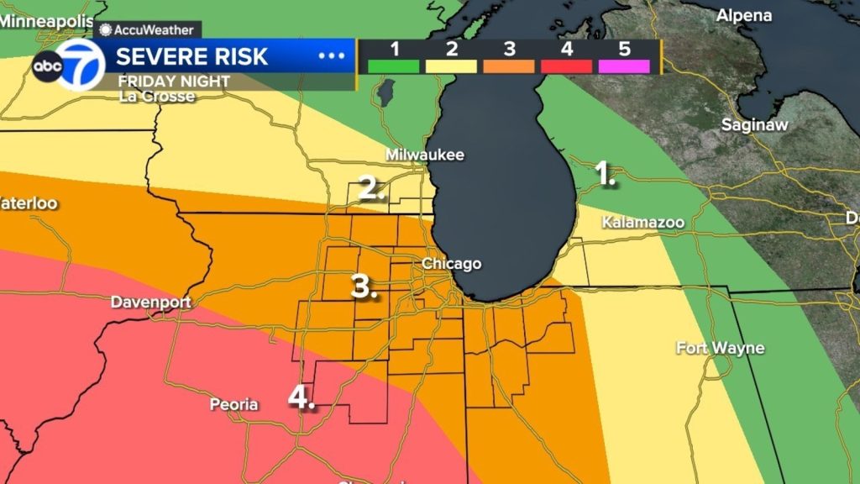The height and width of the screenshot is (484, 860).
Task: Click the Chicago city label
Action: tap(451, 264)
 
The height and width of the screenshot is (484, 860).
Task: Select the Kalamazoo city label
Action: tap(643, 222)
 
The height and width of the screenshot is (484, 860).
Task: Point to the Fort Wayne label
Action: tap(721, 348)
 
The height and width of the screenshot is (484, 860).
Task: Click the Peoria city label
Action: tap(233, 404)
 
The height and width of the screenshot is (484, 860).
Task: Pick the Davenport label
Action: tap(151, 302)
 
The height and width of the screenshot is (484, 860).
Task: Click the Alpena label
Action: tap(744, 16)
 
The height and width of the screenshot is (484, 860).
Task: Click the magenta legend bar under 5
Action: tap(623, 66)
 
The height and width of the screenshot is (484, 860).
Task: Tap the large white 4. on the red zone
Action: tap(301, 396)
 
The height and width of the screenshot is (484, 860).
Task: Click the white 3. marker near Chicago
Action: tap(363, 287)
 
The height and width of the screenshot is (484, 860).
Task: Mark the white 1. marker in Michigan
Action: tap(605, 173)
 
